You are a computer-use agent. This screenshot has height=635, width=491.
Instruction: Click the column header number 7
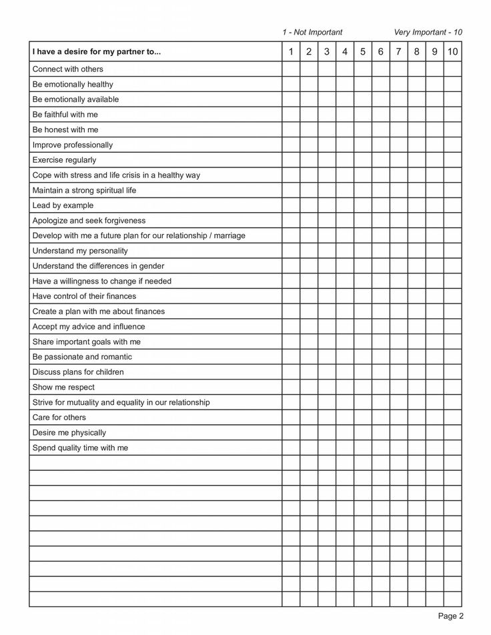tap(398, 52)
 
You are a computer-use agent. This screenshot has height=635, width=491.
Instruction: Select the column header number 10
tap(452, 52)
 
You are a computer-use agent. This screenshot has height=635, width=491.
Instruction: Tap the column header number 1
tap(291, 52)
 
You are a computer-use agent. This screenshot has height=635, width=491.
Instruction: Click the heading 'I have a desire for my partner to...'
tap(97, 52)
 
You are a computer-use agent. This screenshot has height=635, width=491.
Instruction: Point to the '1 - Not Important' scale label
tap(312, 32)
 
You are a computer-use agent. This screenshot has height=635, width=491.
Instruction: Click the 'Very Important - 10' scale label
tap(428, 32)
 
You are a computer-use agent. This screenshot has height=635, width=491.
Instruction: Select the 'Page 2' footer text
tap(450, 616)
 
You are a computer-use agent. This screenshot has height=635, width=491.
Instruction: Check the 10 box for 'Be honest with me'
tap(452, 129)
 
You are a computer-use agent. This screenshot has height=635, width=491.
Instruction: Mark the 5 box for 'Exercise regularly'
tap(362, 160)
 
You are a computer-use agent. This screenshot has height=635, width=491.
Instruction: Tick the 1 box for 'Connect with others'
tap(291, 69)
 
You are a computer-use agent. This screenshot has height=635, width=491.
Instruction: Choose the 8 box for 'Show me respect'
tap(416, 388)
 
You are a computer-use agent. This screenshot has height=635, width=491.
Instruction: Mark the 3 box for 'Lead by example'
tap(326, 205)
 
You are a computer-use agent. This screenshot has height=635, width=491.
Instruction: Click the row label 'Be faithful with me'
tap(65, 115)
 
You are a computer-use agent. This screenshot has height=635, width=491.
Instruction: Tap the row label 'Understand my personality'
tap(80, 251)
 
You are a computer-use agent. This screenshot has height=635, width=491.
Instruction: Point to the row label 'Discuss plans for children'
tap(78, 372)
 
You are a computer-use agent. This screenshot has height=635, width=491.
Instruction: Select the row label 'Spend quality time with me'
tap(80, 448)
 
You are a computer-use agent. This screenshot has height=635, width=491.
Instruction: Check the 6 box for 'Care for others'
tap(380, 418)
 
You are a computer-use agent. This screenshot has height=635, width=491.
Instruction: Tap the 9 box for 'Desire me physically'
tap(434, 433)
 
